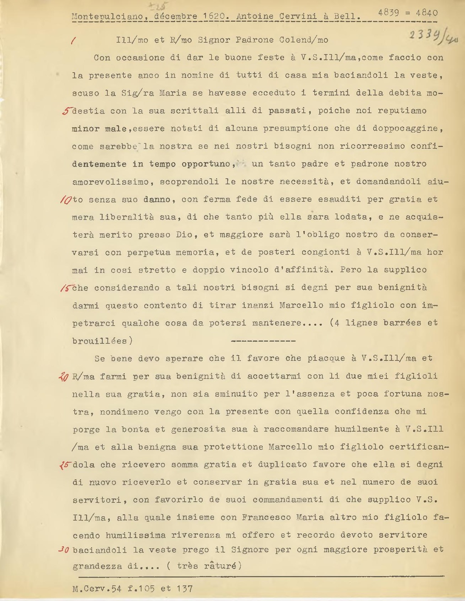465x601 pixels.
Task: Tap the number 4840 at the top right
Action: click(x=426, y=13)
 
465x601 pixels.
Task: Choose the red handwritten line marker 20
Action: click(x=64, y=377)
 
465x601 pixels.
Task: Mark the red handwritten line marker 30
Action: click(x=64, y=550)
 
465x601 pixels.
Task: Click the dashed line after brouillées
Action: click(x=263, y=341)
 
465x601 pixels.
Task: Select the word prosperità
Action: click(x=401, y=550)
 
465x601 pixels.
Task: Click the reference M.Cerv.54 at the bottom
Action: click(x=97, y=589)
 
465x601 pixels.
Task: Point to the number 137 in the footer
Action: click(x=184, y=589)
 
